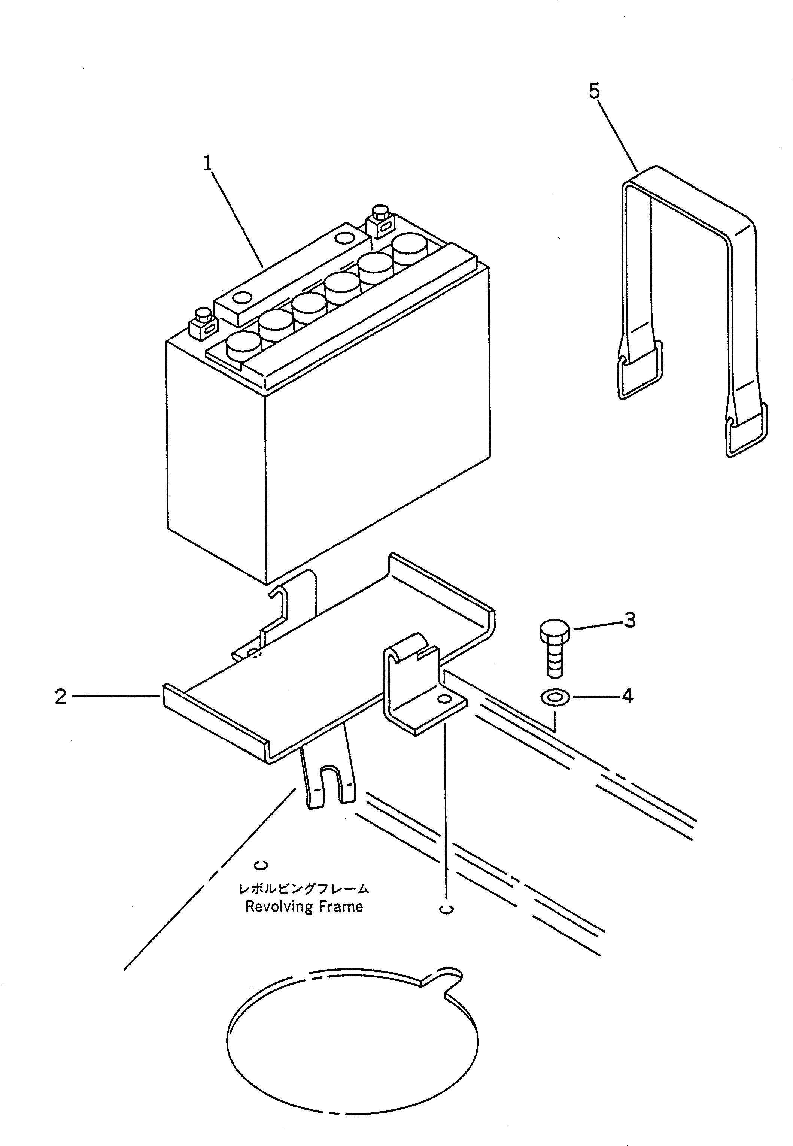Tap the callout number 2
(x=61, y=697)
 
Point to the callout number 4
(x=628, y=696)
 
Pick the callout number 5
(x=594, y=91)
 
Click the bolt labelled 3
(x=554, y=646)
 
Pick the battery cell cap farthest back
(x=410, y=248)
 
